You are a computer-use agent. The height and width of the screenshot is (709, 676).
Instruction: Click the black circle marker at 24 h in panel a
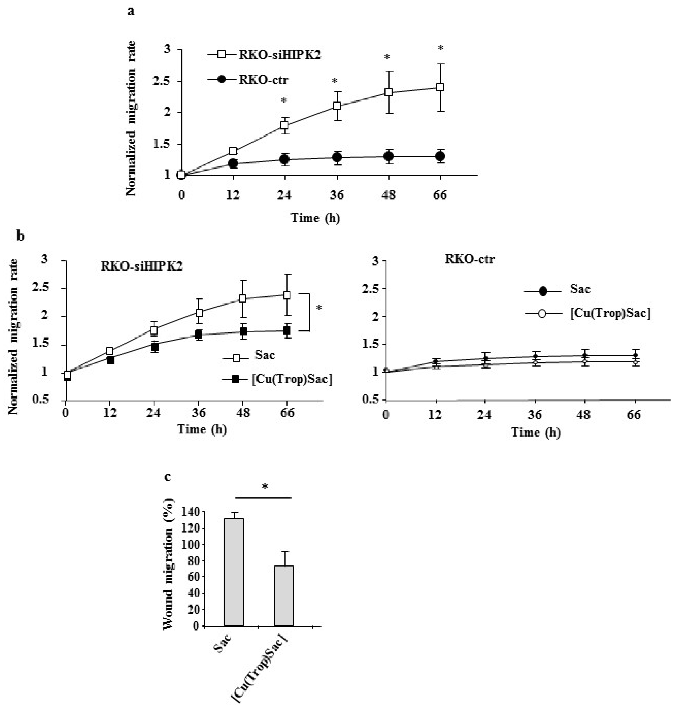coord(285,159)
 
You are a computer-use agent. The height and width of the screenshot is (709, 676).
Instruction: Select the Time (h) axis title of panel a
coord(315,218)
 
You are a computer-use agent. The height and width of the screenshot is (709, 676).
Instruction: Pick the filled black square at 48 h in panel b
coord(244,331)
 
